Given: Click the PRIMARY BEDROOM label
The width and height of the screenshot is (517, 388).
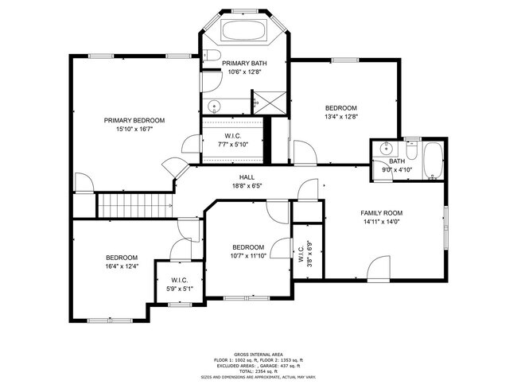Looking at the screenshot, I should coord(134,120).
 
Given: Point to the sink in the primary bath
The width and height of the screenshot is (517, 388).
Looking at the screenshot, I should coord(213,107).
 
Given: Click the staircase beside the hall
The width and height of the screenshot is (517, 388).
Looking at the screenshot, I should coord(134,205).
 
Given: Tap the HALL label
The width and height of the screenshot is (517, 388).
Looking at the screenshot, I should coord(247,177).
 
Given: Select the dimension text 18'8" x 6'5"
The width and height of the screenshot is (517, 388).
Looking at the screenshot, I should coord(247,186).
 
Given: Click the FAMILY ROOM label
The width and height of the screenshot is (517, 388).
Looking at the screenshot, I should coord(381,213).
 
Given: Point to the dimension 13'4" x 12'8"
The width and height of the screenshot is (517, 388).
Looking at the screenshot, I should coord(340,117).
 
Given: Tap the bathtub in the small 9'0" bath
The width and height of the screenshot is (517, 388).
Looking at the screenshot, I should coord(435,161).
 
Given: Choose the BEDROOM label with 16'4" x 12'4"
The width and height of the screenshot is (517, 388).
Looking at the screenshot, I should coord(122,258).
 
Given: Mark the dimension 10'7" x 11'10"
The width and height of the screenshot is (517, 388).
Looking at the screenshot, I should coord(247,255).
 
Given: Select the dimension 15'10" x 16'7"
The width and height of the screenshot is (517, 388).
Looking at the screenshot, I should coord(134,129).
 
